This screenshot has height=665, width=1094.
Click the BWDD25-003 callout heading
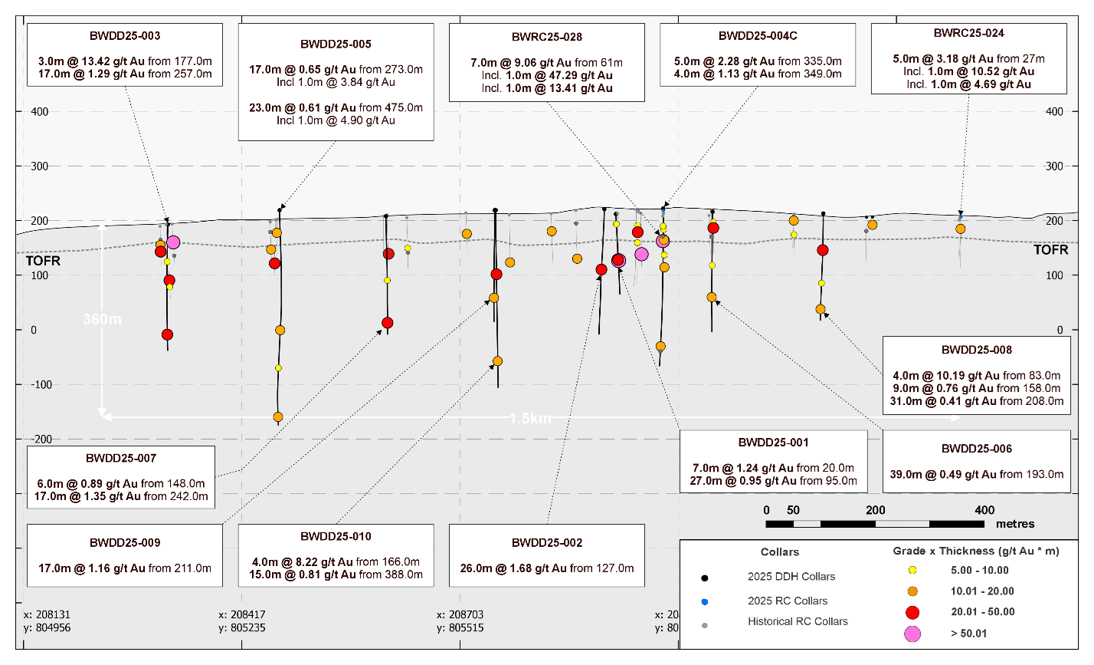coord(125,36)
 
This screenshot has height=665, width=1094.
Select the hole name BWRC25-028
coord(547,37)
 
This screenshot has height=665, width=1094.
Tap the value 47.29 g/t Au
coord(568,75)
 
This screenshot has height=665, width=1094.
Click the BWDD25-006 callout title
coord(977,449)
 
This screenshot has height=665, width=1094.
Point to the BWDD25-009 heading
coord(125,542)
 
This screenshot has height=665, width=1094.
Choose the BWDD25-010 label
coord(336,536)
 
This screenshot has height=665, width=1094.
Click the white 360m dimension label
coord(102,319)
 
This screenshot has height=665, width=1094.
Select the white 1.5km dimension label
coord(531,419)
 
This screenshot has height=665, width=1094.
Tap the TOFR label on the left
coord(43,261)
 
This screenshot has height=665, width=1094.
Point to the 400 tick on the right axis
coord(1054,111)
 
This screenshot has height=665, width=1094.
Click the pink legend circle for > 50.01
coord(912,634)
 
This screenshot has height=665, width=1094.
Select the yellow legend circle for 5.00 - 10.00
coord(912,570)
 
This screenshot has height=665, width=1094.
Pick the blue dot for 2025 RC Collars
coord(705,601)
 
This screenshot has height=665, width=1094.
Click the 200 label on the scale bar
coord(876,510)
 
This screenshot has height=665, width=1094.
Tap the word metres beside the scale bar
coord(1015,524)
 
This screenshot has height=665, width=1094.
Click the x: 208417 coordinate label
coord(244,614)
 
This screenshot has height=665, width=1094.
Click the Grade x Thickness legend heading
coord(976,551)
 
